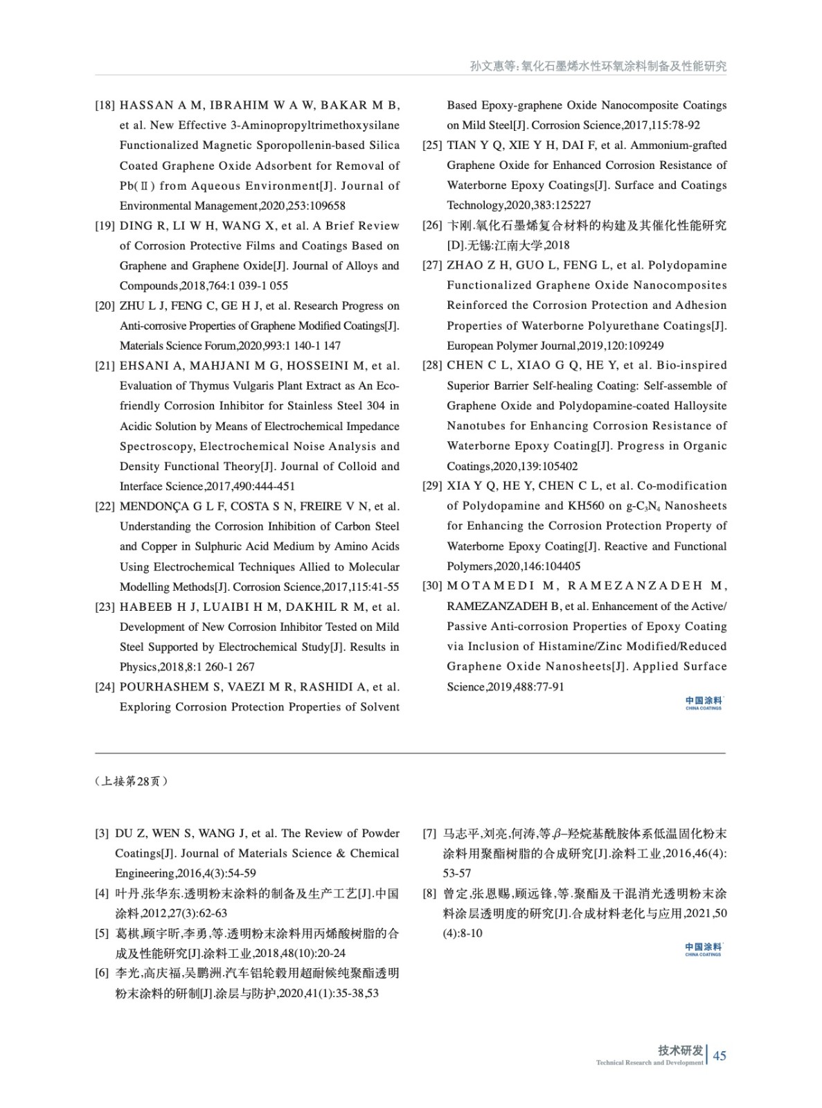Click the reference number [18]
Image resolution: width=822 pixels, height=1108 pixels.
[105, 105]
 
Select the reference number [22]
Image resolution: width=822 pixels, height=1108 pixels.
[105, 506]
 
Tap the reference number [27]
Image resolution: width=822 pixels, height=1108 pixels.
[432, 265]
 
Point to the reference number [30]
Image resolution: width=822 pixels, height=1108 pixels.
[432, 586]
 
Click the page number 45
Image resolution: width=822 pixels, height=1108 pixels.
[720, 1055]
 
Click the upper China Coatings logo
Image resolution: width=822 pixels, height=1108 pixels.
[703, 703]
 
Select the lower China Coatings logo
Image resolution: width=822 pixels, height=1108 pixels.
[703, 949]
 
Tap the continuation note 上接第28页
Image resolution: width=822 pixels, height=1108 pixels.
[131, 781]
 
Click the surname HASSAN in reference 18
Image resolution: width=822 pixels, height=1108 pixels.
[147, 105]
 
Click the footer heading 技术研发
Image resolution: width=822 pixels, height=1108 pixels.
[680, 1051]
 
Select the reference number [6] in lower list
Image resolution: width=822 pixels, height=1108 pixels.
[102, 974]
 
